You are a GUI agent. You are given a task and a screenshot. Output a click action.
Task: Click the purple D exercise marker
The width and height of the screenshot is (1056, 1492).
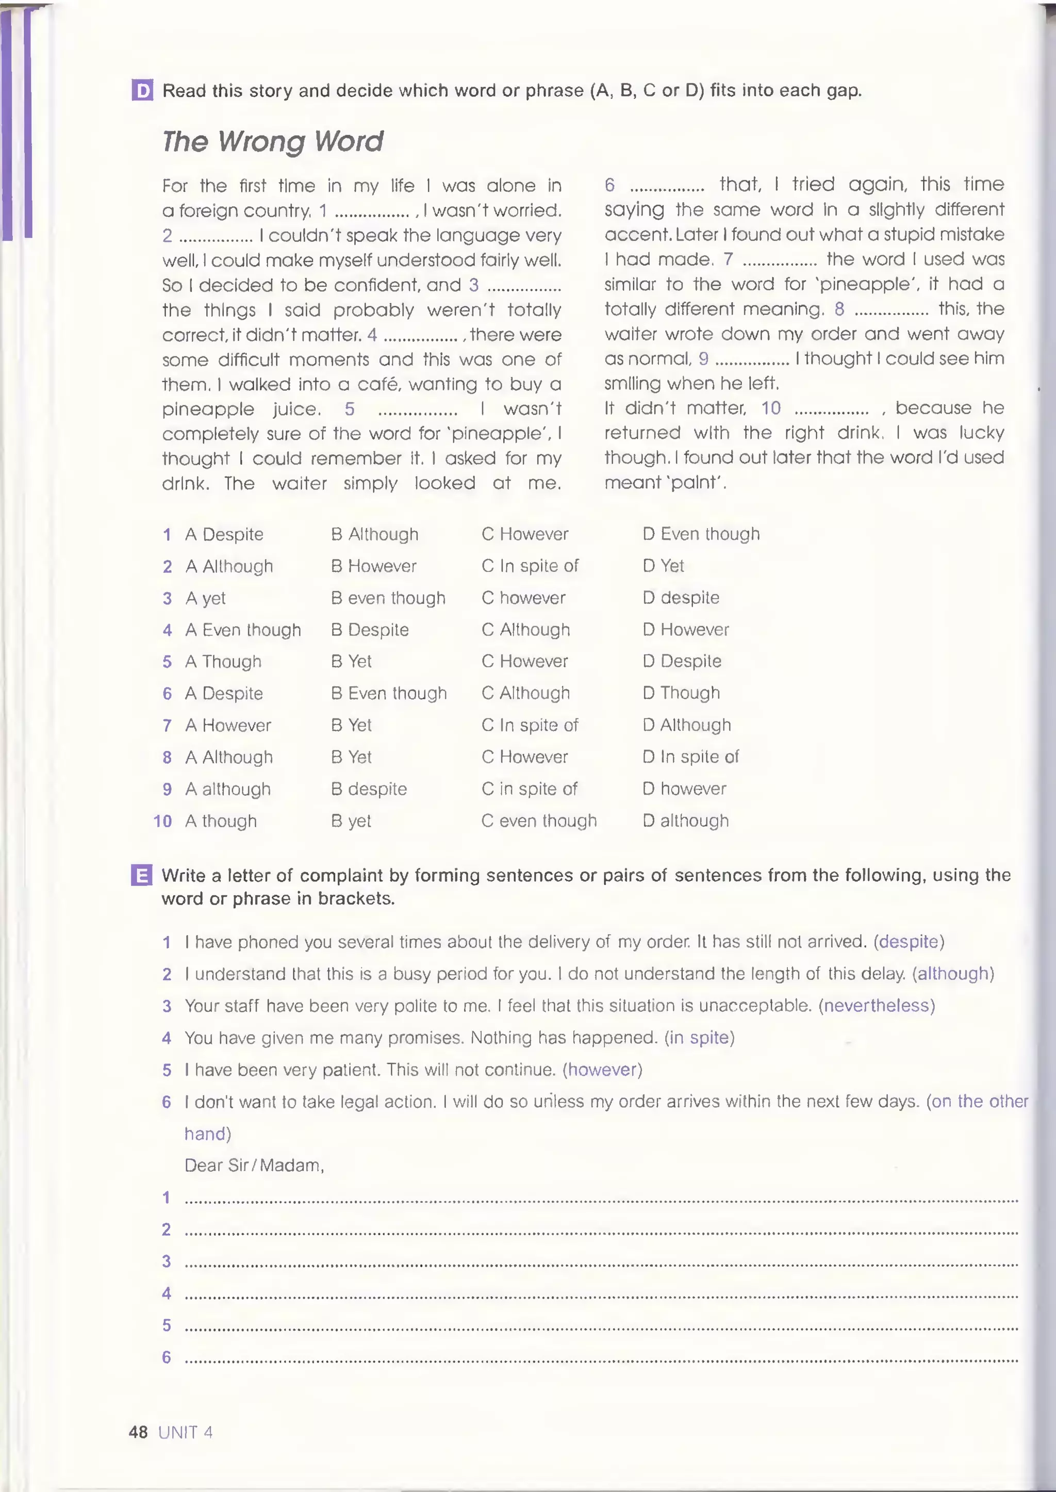tap(142, 90)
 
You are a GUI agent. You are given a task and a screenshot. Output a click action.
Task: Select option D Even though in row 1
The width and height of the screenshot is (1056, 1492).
tap(701, 534)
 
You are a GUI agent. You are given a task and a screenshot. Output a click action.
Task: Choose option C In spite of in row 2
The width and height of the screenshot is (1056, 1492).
tap(530, 566)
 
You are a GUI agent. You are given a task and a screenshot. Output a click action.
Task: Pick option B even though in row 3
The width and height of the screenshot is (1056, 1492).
tap(388, 598)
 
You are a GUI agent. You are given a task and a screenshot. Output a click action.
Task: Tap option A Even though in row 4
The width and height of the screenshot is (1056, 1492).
tap(243, 630)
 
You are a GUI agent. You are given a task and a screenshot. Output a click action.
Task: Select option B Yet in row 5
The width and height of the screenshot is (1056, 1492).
tap(351, 662)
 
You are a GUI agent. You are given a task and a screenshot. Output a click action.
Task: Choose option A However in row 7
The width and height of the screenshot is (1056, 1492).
tap(228, 725)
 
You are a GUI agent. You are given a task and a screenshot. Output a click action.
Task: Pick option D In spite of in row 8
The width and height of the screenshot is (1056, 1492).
tap(690, 757)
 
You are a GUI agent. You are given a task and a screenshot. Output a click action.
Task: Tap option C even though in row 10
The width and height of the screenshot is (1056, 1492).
tap(539, 821)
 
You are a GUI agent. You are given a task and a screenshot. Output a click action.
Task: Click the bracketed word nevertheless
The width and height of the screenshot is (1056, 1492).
tap(877, 1006)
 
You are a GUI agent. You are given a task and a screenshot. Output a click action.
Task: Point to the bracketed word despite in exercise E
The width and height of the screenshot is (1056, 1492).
tap(909, 942)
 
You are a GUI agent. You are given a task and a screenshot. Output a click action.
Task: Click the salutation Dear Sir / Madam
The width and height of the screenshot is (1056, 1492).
tap(254, 1165)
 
